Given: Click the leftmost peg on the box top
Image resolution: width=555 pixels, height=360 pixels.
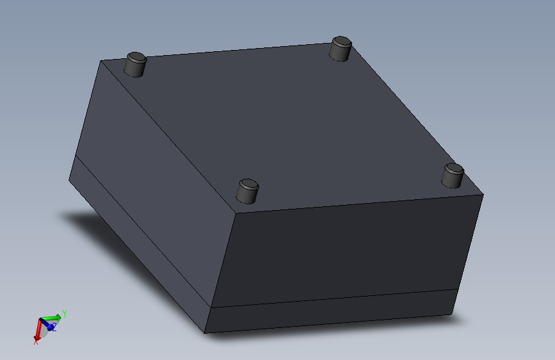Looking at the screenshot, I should (135, 65).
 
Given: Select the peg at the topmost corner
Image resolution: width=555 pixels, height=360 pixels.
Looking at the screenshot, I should (341, 50).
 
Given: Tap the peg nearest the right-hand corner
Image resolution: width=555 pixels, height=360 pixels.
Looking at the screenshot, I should (453, 176).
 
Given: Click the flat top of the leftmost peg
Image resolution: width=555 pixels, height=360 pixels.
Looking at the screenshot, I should (136, 57).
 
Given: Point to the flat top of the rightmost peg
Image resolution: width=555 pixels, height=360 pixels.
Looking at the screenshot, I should (454, 169).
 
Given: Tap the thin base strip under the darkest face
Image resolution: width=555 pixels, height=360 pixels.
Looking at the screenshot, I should (330, 312).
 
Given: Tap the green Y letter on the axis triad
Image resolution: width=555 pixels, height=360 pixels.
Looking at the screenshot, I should (65, 313).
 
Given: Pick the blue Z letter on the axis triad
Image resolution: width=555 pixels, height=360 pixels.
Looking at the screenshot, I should (54, 327).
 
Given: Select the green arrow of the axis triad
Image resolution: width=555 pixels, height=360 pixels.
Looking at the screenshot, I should (52, 317).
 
